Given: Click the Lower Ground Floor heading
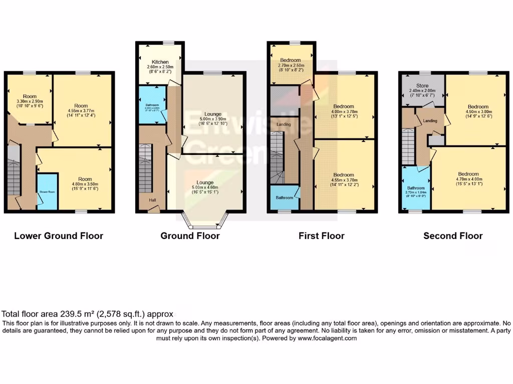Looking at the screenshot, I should (59, 235).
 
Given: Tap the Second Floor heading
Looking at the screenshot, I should (453, 235).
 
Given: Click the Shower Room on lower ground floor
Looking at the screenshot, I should (47, 191).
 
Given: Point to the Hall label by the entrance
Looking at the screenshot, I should (151, 200).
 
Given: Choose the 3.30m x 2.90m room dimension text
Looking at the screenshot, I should (33, 101).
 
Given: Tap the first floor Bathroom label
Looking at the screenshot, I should (285, 198).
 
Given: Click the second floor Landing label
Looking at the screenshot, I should (430, 120).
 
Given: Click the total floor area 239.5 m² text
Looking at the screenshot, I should (88, 314).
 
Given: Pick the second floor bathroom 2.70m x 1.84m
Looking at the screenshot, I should (415, 191).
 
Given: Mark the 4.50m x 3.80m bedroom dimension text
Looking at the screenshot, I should (478, 112).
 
